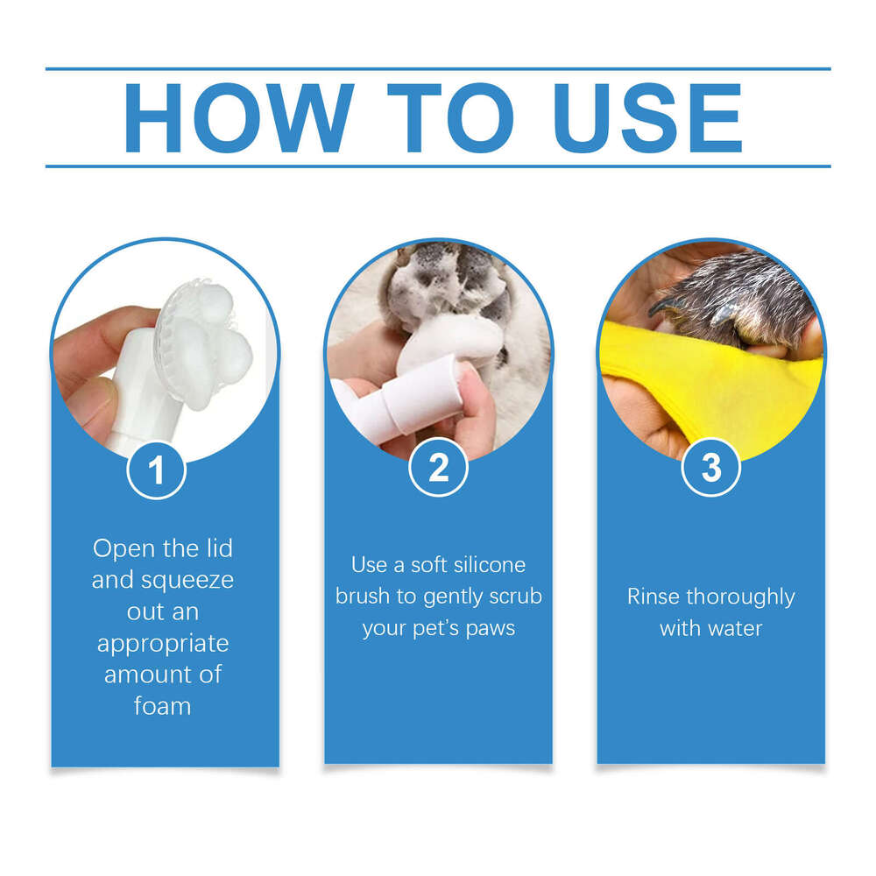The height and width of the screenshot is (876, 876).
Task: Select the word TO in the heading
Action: (x=453, y=118)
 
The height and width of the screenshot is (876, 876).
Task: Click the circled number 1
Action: (x=157, y=470)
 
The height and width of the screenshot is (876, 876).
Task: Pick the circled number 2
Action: (x=438, y=469)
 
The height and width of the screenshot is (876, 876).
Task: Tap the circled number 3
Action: (x=711, y=469)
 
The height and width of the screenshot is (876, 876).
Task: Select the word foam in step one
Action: (x=163, y=705)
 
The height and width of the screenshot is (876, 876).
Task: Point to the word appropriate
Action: (x=163, y=644)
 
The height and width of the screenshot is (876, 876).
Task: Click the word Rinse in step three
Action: (x=653, y=597)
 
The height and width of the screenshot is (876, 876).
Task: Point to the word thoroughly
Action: (x=740, y=597)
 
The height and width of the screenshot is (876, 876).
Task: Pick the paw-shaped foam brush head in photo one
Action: (x=206, y=333)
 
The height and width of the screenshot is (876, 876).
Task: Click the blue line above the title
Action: (x=438, y=68)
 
